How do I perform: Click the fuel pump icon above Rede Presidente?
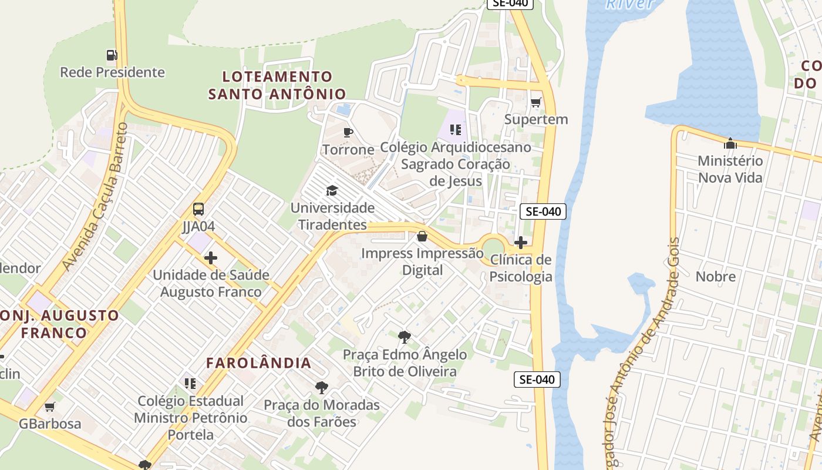pyautogui.click(x=112, y=55)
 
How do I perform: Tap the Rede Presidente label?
pyautogui.click(x=112, y=72)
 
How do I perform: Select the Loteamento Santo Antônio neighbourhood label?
pyautogui.click(x=277, y=85)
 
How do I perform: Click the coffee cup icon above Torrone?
pyautogui.click(x=348, y=132)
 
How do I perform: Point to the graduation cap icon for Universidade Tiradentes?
pyautogui.click(x=332, y=190)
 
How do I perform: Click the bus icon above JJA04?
pyautogui.click(x=198, y=209)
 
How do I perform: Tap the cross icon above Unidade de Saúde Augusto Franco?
pyautogui.click(x=211, y=258)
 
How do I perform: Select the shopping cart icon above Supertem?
pyautogui.click(x=535, y=103)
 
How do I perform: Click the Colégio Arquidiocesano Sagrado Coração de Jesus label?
pyautogui.click(x=456, y=164)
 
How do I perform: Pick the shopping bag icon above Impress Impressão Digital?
pyautogui.click(x=422, y=237)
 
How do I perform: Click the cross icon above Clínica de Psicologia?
pyautogui.click(x=520, y=243)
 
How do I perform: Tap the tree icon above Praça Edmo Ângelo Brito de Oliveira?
pyautogui.click(x=404, y=337)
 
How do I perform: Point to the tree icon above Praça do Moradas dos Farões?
pyautogui.click(x=321, y=388)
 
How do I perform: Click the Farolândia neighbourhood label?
pyautogui.click(x=259, y=363)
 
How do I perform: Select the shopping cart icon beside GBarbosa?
pyautogui.click(x=50, y=407)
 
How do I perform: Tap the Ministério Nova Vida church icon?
pyautogui.click(x=730, y=143)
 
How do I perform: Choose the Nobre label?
pyautogui.click(x=715, y=276)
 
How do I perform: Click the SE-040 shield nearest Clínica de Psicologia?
pyautogui.click(x=543, y=211)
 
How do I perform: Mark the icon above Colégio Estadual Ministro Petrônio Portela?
pyautogui.click(x=190, y=384)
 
